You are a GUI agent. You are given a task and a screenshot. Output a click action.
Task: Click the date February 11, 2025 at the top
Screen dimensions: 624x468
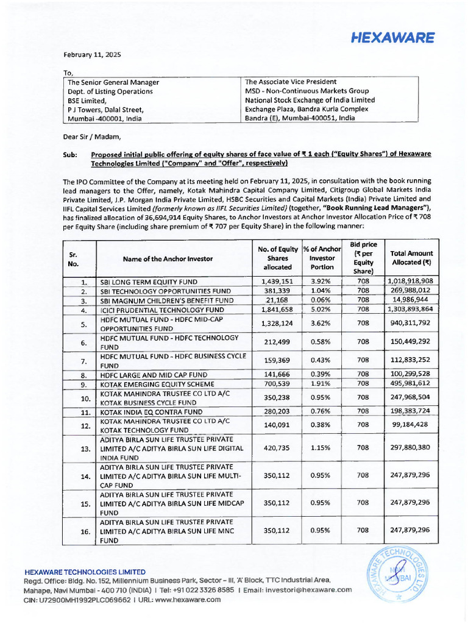94,54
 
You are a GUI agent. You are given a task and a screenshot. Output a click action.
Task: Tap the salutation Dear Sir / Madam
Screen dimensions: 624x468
92,136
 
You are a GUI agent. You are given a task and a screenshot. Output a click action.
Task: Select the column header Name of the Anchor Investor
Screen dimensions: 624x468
168,258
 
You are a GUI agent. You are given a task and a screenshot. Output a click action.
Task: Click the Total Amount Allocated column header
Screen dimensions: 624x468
411,258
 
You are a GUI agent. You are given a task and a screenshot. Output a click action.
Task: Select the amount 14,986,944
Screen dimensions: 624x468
411,300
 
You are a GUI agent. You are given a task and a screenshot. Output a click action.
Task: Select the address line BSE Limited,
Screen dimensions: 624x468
87,100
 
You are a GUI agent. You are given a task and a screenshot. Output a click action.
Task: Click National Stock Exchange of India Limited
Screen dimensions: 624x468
310,100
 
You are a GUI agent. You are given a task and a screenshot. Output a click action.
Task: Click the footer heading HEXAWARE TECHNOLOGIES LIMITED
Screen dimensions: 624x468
85,572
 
